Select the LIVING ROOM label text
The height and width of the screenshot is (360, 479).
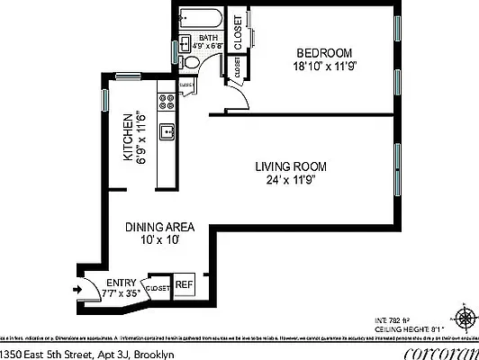[x=290, y=166]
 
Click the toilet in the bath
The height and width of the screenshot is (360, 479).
[x=191, y=61]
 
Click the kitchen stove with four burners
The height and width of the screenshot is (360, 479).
[x=166, y=101]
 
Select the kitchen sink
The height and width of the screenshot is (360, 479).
[x=166, y=133]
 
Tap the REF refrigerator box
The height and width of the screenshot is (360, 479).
[x=184, y=285]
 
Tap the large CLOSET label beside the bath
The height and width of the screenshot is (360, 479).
[x=238, y=32]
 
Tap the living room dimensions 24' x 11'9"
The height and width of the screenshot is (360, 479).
[x=290, y=179]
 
